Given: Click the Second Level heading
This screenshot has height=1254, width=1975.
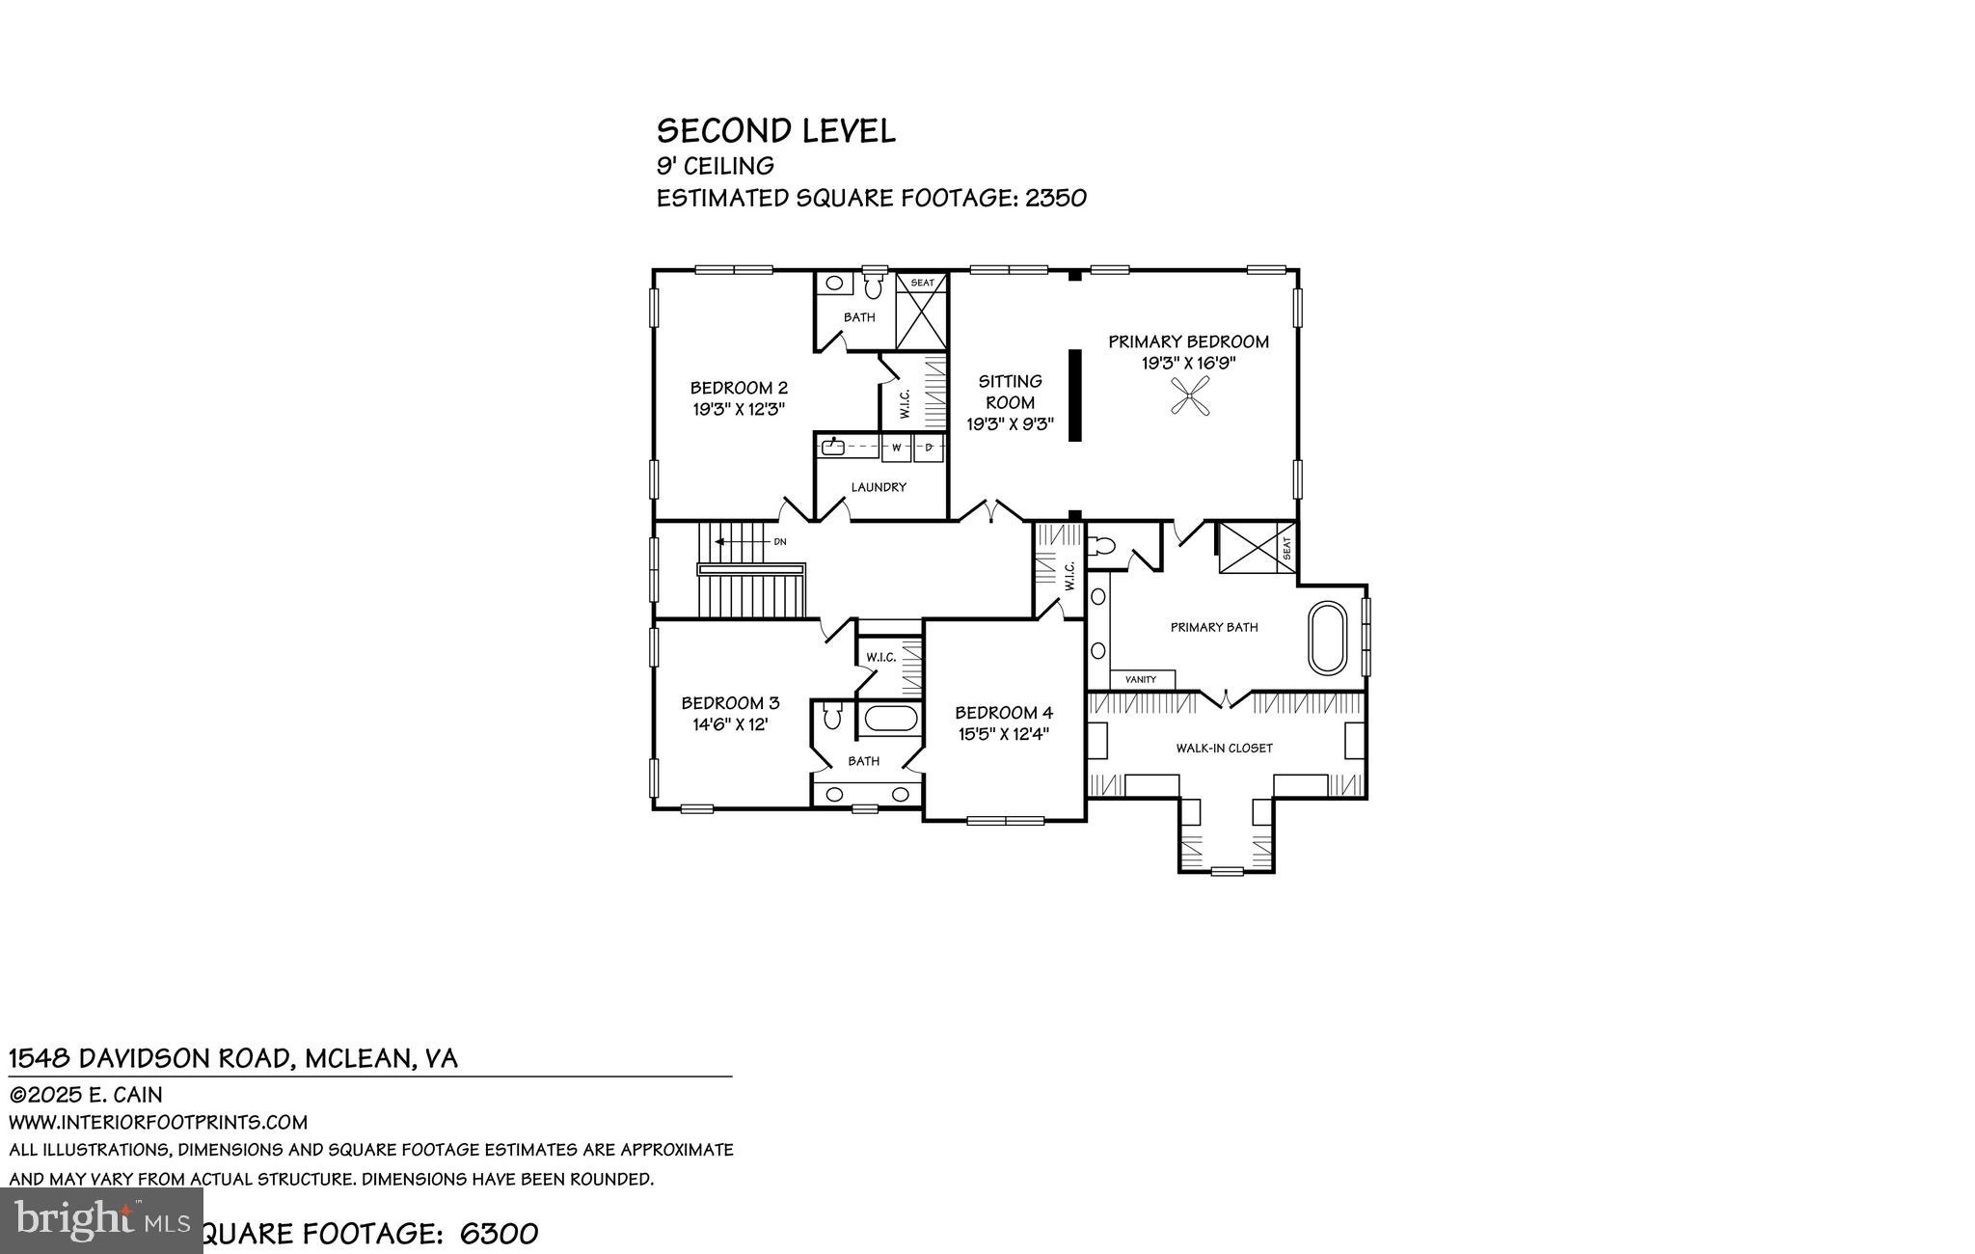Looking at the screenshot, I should pos(775,131).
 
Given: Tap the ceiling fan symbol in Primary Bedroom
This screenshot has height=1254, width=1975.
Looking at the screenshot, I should pos(1190,396).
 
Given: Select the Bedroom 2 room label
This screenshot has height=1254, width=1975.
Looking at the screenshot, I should pos(739,388).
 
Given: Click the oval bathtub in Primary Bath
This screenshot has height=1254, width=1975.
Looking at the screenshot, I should pos(1327,638).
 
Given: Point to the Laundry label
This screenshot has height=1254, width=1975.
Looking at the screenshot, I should pos(878,487).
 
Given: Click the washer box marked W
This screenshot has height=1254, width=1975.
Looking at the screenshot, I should pos(896,448).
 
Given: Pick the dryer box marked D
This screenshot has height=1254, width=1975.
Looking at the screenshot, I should pos(929,448).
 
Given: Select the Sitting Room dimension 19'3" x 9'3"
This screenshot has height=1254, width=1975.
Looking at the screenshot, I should pos(1010,423).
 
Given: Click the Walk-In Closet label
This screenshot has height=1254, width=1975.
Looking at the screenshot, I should pos(1224,748).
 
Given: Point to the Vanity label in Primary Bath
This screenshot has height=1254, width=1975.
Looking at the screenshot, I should pos(1140,680).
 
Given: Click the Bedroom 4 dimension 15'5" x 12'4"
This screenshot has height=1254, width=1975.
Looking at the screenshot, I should pos(1003,733).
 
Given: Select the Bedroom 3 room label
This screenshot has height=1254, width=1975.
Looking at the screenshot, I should pos(730,703).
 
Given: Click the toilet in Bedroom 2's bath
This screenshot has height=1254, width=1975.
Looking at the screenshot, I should pos(874,286).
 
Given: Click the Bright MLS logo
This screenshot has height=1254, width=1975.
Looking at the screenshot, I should pos(101,1220).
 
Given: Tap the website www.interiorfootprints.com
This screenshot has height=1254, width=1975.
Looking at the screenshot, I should pos(158,1122).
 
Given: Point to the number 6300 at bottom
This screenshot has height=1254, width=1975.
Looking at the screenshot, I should pos(499,1234).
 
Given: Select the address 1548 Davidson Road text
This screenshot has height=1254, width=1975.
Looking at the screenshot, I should pos(149,1058).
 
